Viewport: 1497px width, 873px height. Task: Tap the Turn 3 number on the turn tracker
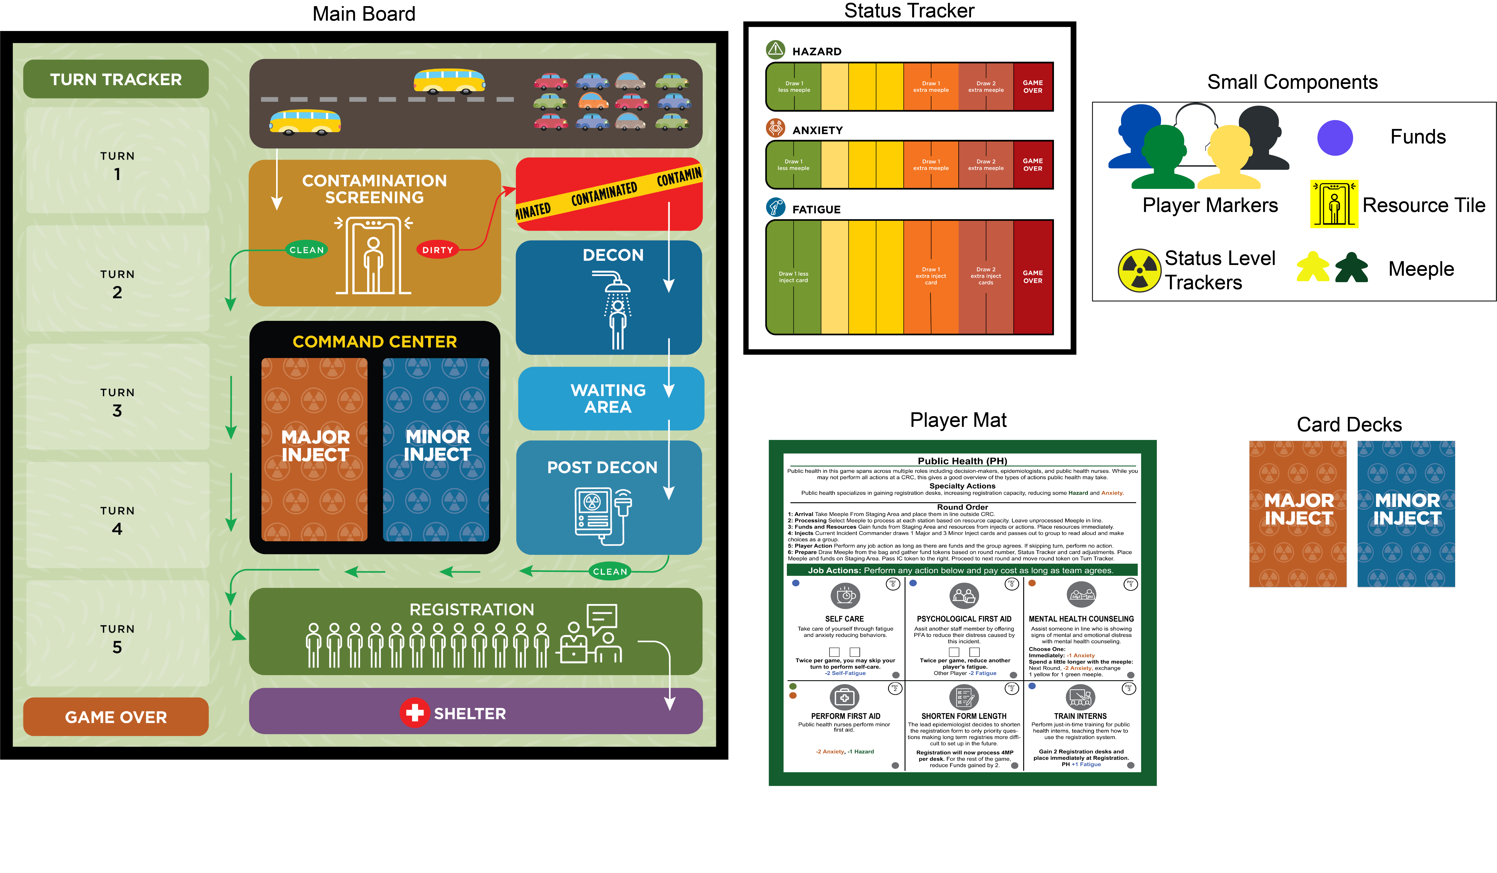[117, 411]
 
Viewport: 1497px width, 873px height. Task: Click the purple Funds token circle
[1335, 138]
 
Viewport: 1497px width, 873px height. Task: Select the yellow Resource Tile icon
[1334, 204]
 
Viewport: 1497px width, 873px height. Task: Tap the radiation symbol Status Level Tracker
[1139, 270]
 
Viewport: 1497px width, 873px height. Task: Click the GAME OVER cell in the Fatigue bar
[1033, 277]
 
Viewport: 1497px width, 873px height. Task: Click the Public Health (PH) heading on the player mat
[962, 461]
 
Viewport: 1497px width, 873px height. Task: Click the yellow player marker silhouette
[1230, 157]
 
